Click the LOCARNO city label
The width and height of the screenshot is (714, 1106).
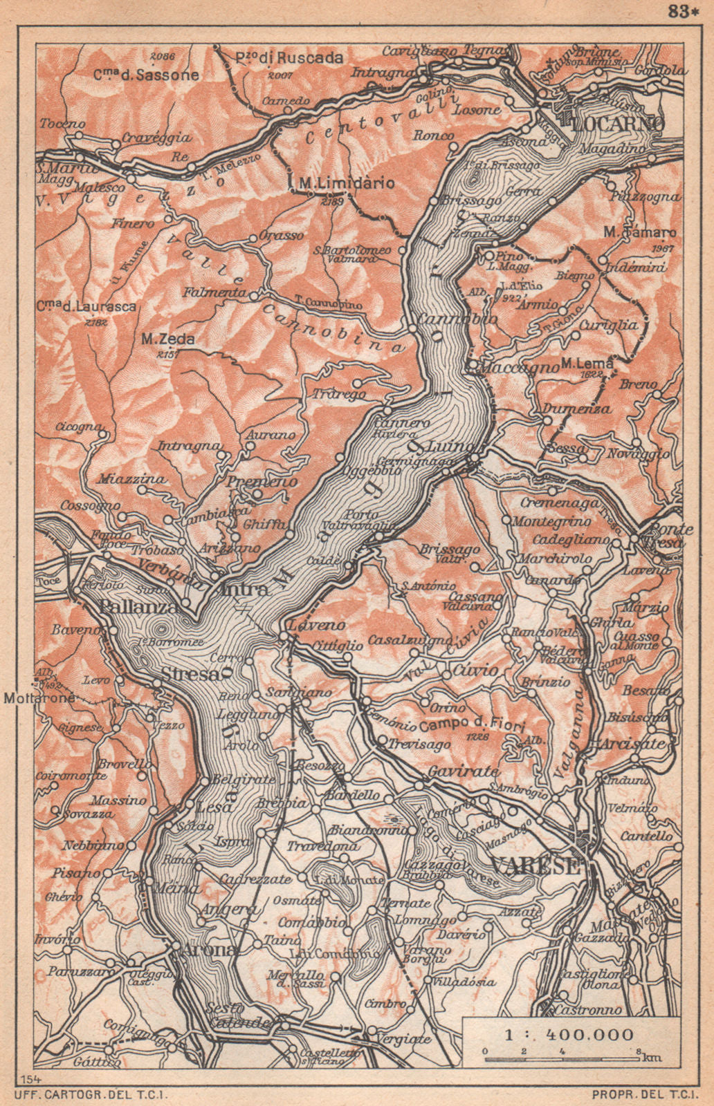[x=618, y=123]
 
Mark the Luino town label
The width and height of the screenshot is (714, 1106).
[x=450, y=445]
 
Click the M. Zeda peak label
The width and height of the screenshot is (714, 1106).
[x=167, y=339]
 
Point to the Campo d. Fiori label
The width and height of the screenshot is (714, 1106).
[x=473, y=725]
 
